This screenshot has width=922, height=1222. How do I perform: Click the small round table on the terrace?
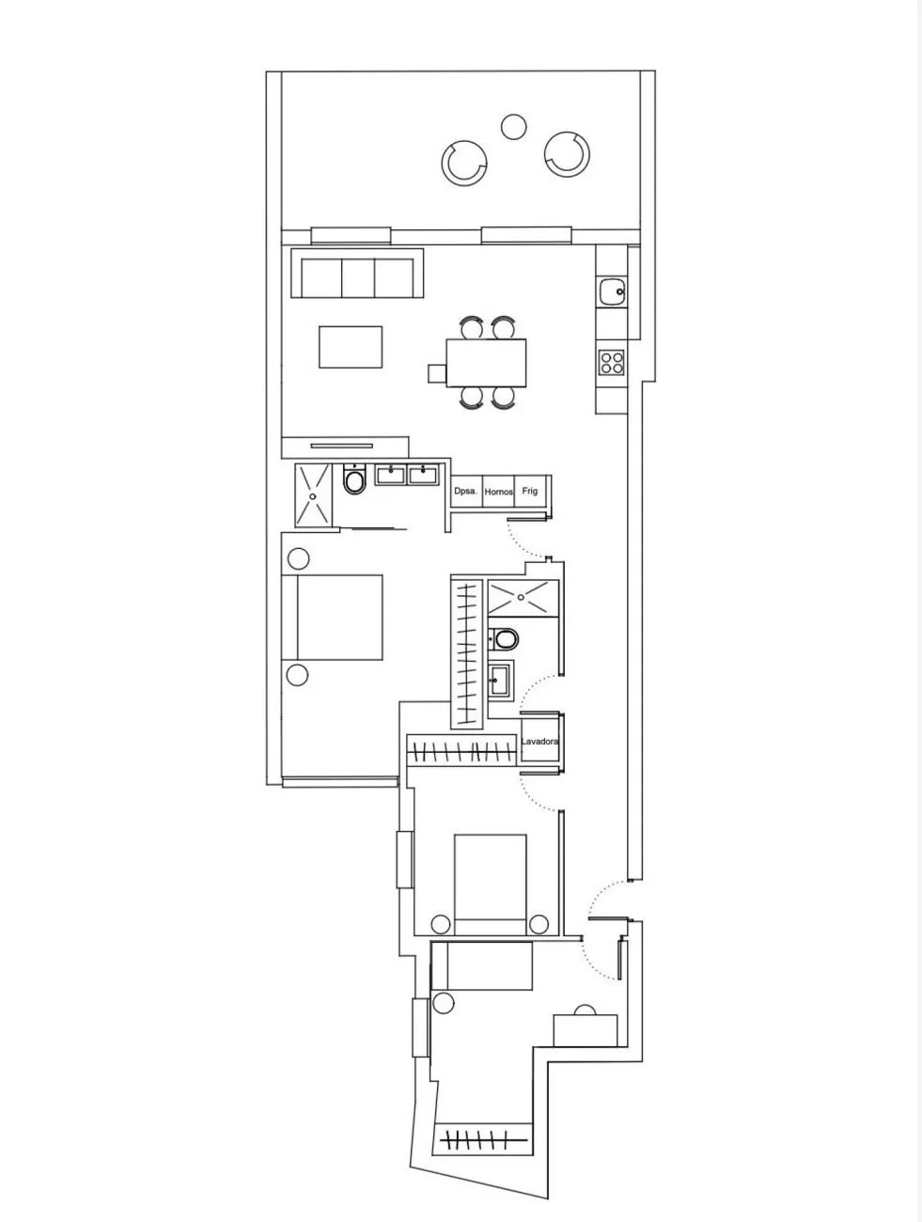(x=513, y=127)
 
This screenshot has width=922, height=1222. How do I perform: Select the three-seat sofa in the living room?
(x=357, y=274)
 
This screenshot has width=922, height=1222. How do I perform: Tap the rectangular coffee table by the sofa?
(x=351, y=347)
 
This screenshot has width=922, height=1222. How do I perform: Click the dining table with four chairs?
(x=486, y=363)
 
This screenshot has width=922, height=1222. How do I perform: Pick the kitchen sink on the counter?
(x=613, y=291)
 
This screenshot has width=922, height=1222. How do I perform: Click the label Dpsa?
(x=466, y=491)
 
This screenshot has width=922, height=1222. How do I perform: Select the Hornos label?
(x=498, y=492)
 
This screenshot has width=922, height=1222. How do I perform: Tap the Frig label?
(x=530, y=491)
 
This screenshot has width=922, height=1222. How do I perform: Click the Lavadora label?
(x=539, y=741)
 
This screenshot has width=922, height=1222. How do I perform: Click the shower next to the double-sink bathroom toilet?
(x=313, y=495)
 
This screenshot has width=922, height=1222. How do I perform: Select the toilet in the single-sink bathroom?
(x=504, y=639)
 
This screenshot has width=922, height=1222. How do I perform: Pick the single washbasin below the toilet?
(x=500, y=680)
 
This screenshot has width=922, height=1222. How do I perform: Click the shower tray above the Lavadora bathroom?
(x=523, y=598)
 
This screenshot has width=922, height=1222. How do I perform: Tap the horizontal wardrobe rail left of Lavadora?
(x=461, y=752)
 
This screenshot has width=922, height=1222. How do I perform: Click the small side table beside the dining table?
(x=437, y=373)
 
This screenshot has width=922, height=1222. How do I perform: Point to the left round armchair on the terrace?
(x=464, y=163)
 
